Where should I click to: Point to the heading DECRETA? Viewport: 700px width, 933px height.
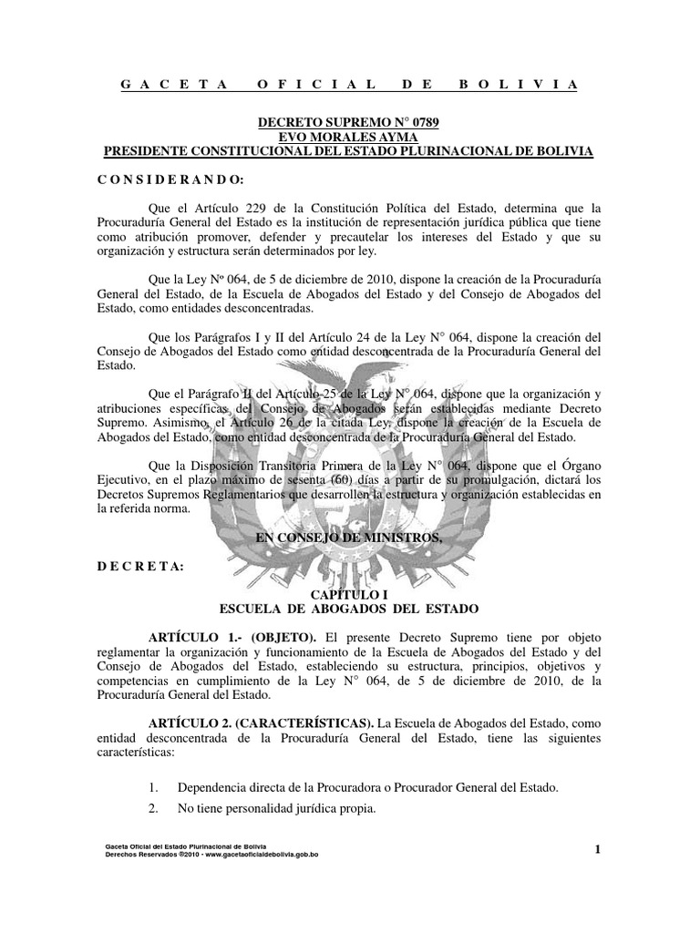click(x=140, y=566)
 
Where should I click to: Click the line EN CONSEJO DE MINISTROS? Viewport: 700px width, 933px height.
click(x=349, y=538)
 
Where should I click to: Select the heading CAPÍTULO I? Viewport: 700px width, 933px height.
click(x=350, y=593)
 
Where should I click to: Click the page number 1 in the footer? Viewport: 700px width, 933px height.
click(x=597, y=851)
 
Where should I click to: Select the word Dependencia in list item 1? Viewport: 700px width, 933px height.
click(x=216, y=786)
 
